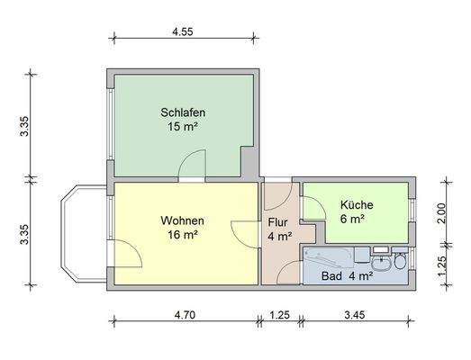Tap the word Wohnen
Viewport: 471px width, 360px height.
tap(182, 220)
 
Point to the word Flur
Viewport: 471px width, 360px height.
tap(278, 222)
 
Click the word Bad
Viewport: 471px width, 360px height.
tap(331, 276)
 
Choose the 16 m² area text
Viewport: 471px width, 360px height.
tap(182, 236)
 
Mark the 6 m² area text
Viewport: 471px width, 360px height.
tap(351, 219)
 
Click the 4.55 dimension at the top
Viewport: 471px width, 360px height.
tap(183, 31)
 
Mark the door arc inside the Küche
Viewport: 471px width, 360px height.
tap(313, 207)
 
